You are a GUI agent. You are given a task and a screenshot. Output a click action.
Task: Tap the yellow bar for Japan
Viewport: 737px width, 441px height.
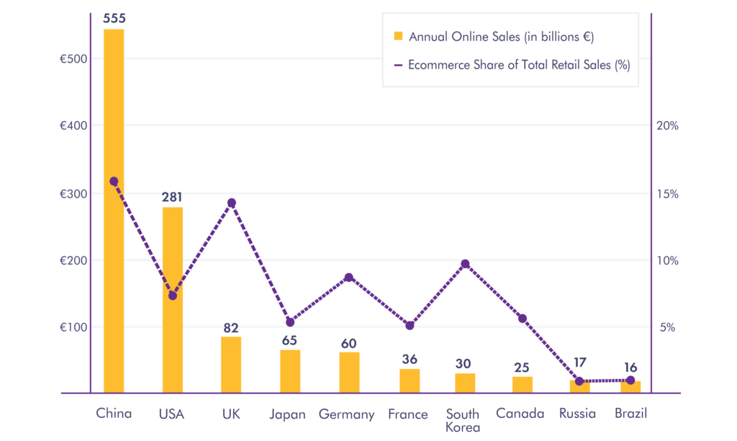pos(290,371)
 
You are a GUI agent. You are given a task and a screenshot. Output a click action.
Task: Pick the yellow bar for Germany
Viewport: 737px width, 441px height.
pos(349,373)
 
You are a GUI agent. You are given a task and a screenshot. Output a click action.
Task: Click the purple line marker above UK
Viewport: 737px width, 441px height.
pos(231,203)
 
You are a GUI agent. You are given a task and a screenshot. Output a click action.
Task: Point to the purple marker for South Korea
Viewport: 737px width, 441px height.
pos(465,264)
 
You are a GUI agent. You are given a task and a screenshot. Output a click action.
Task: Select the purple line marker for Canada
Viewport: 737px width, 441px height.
pos(523,318)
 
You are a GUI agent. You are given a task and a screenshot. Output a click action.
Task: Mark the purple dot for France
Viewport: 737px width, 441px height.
pos(410,326)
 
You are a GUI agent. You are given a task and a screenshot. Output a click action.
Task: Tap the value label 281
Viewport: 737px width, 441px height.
pos(173,197)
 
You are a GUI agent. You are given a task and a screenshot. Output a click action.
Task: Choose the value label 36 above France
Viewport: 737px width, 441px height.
pos(410,359)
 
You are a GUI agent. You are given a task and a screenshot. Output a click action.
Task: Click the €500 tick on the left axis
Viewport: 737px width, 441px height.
pos(73,59)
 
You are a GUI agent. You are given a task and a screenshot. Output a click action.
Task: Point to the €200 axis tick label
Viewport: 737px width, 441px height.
pos(73,261)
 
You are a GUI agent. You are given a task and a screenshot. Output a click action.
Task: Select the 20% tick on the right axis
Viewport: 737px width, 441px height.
pos(667,126)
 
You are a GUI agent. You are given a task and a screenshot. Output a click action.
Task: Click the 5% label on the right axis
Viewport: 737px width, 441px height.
pos(667,328)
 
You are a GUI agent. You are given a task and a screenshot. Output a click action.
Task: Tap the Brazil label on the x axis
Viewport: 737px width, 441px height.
pos(630,414)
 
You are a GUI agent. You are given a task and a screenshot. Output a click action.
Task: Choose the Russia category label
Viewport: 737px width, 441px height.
pos(577,414)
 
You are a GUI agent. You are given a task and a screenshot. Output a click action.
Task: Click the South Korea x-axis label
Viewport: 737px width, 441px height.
pos(463,420)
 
